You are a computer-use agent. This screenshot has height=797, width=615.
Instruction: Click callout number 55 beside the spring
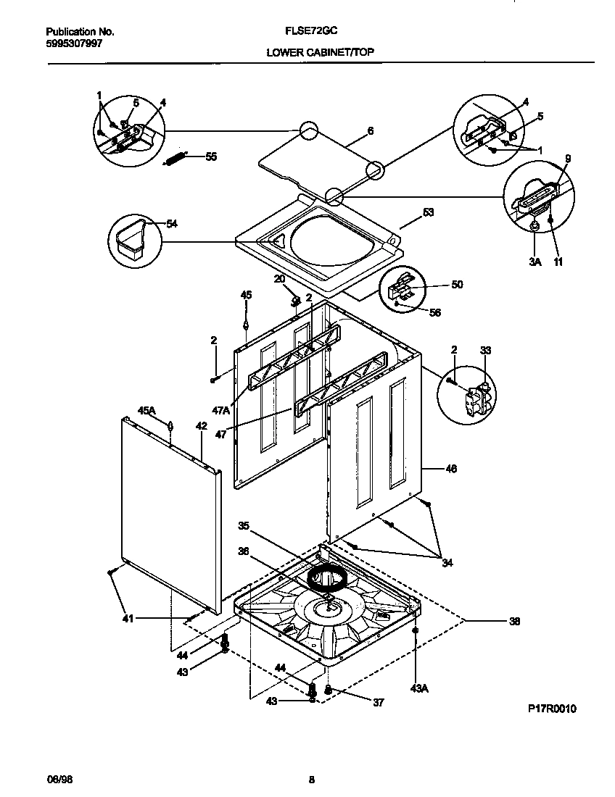(x=211, y=156)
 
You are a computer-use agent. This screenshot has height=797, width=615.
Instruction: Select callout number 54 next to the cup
(x=171, y=224)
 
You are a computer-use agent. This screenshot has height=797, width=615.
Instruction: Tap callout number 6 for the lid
(x=370, y=131)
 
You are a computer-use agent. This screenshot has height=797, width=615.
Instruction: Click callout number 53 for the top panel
(x=428, y=212)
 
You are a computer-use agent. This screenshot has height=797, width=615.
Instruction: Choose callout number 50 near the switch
(x=456, y=285)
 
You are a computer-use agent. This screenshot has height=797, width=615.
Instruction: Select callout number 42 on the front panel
(x=202, y=427)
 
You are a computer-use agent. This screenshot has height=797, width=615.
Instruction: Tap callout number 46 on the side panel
(x=450, y=469)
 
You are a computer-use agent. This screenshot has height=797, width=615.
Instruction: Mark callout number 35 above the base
(x=244, y=525)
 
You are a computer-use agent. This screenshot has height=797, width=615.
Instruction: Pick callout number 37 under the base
(x=379, y=702)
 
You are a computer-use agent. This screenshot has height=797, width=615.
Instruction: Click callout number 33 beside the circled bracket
(x=485, y=350)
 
